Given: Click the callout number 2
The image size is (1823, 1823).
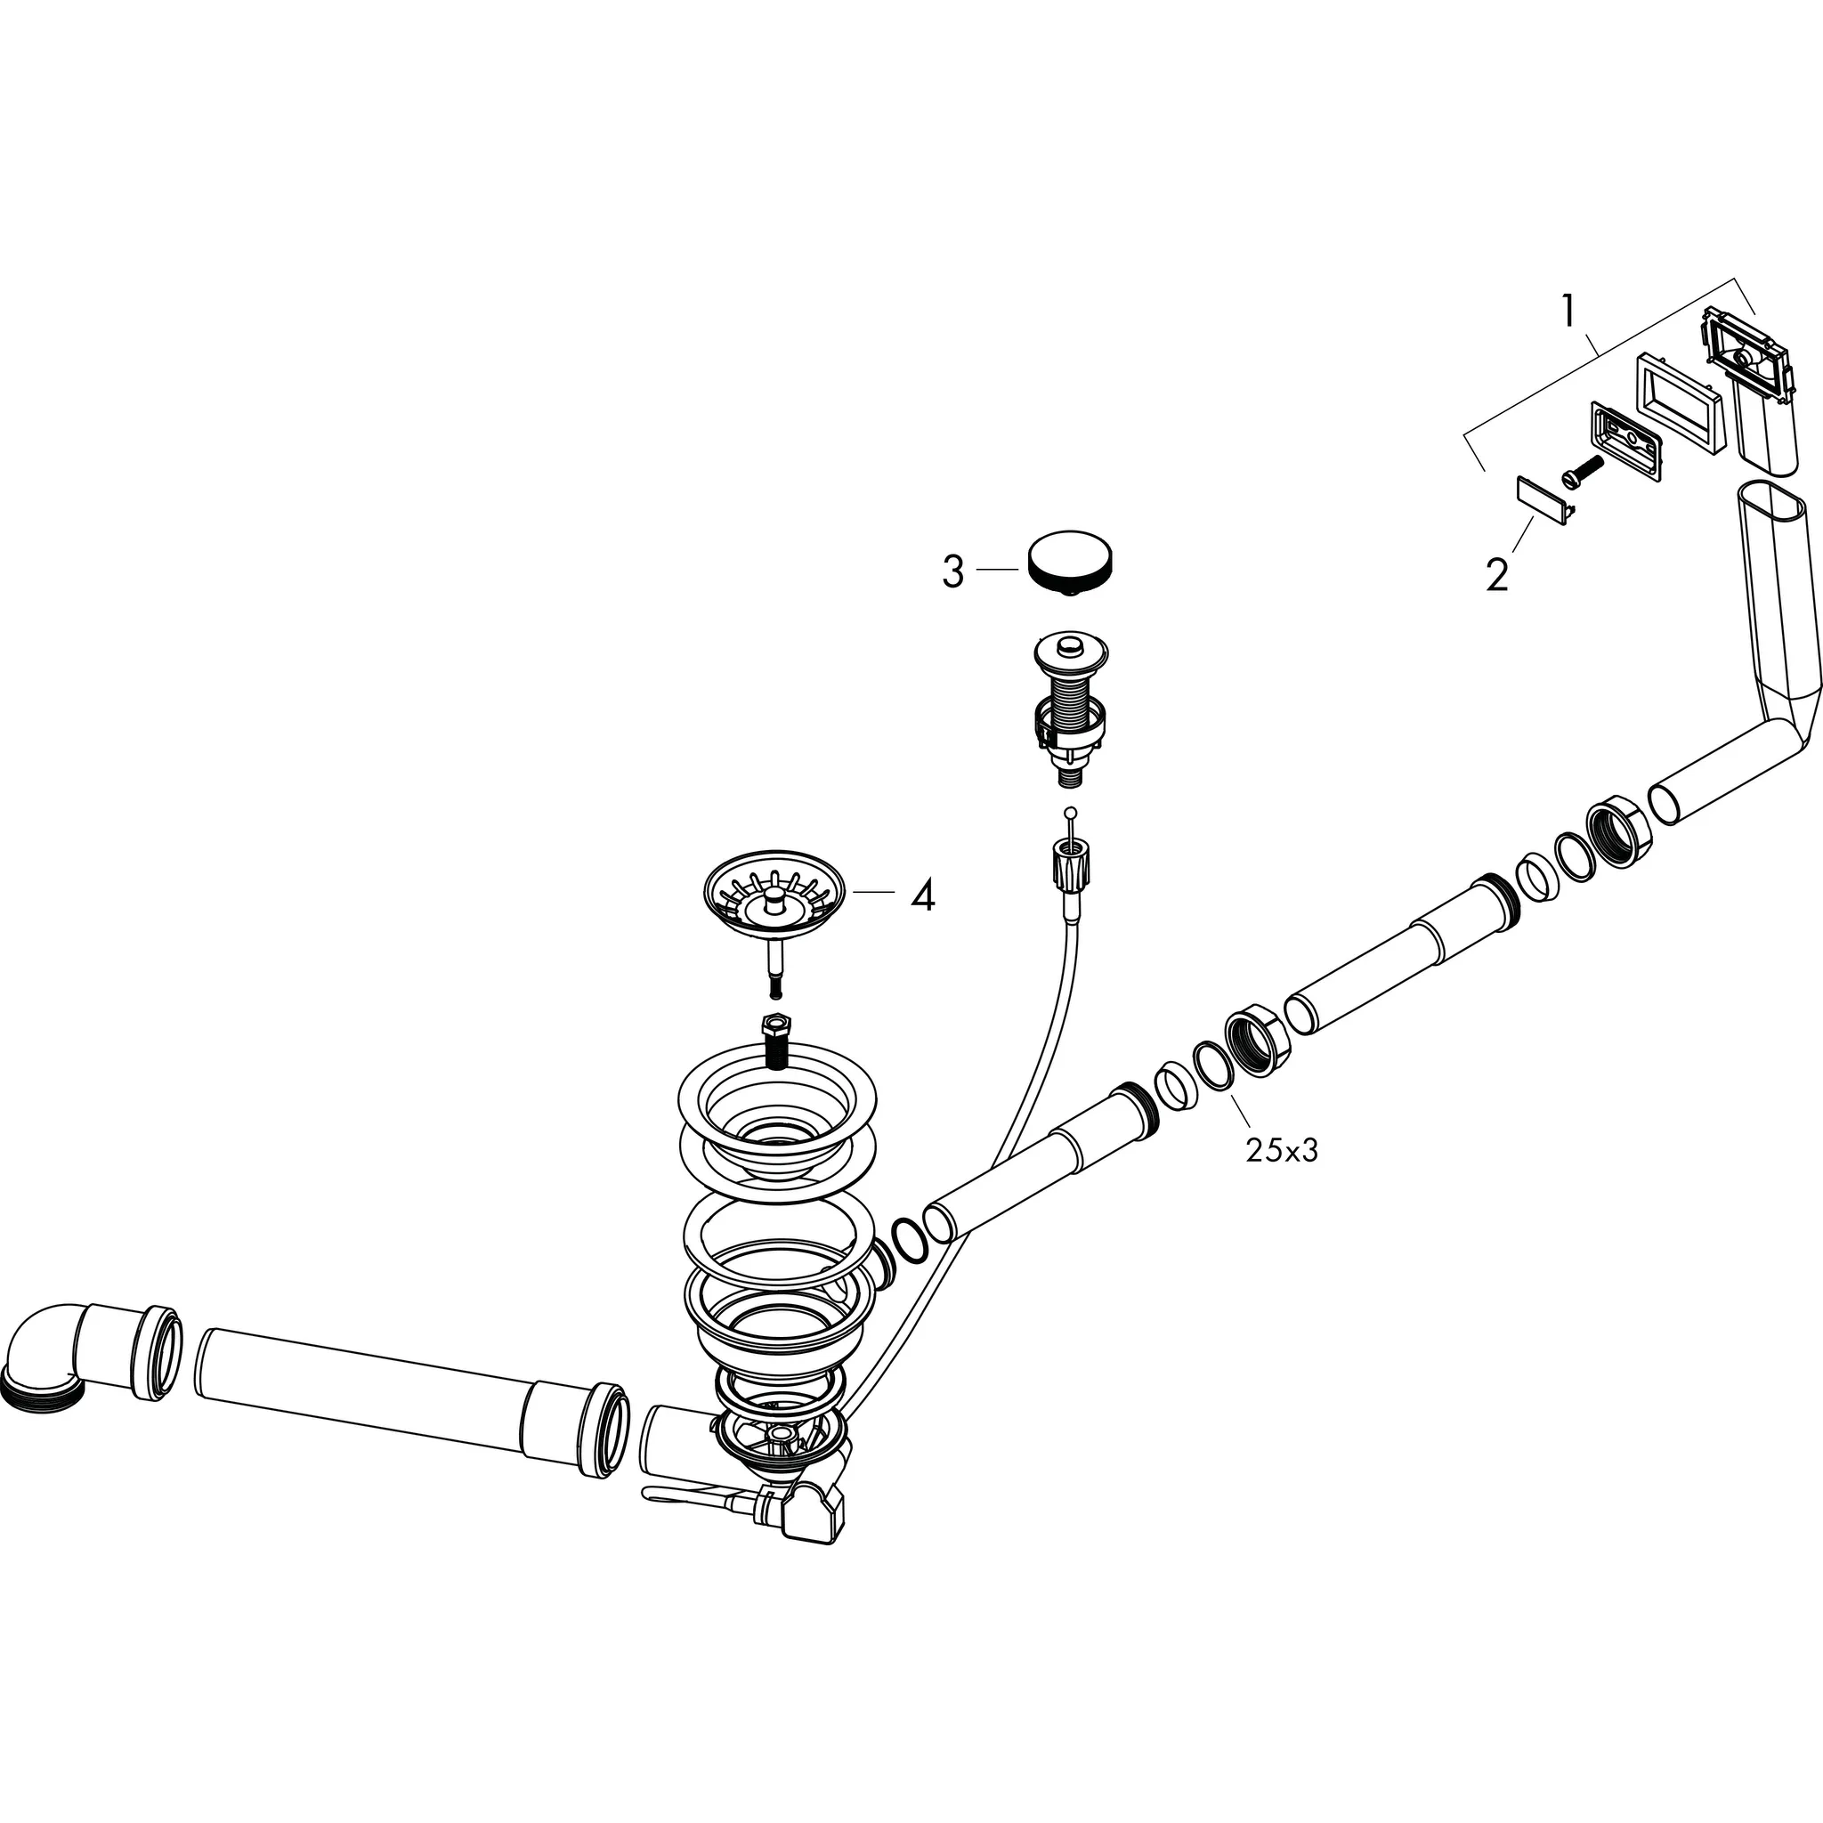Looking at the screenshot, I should click(x=1496, y=575).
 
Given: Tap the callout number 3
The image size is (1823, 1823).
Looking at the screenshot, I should click(x=953, y=571).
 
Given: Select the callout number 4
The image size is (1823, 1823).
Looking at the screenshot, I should click(x=922, y=895).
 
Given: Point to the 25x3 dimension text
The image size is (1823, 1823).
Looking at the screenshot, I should click(x=1282, y=1150).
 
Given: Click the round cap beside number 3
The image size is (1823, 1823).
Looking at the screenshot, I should click(x=1070, y=563).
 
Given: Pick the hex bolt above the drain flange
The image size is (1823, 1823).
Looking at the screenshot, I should click(x=776, y=1039).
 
